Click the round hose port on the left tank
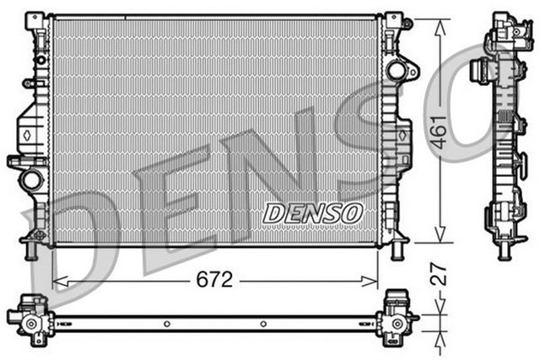point(32,179)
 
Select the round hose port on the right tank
point(396,71)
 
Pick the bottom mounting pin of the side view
point(503,250)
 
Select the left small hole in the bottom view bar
point(167,324)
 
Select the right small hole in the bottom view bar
point(264,324)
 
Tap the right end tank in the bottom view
point(396,317)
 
